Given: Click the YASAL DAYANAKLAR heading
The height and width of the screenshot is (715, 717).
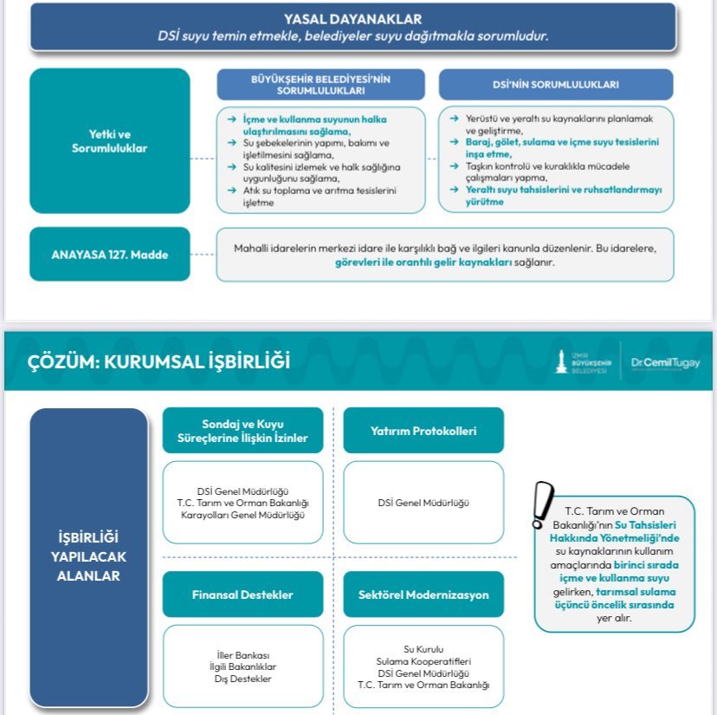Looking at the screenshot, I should (352, 18).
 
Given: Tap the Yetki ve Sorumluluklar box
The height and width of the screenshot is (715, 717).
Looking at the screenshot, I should (109, 140).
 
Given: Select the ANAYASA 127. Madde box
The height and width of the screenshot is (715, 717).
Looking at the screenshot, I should (109, 254).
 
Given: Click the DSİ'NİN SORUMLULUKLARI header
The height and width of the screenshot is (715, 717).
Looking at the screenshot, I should (555, 85).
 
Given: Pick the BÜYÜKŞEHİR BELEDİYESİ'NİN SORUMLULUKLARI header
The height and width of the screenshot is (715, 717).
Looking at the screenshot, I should (321, 84).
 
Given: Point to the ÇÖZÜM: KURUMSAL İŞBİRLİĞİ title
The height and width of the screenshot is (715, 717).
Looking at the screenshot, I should (148, 362).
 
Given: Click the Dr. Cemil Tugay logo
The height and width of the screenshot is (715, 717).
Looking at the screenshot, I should (665, 363).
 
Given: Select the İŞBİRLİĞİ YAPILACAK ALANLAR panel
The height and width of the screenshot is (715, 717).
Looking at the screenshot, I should (88, 557).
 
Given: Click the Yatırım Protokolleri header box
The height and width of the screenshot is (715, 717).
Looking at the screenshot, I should (423, 431).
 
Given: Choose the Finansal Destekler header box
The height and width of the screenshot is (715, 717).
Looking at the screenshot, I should (242, 595).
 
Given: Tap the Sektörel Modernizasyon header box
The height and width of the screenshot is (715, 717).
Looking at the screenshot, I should (423, 595).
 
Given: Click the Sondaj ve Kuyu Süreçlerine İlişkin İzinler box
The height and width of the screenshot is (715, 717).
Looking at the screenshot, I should (242, 431).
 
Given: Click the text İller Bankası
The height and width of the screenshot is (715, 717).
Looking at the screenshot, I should (242, 654).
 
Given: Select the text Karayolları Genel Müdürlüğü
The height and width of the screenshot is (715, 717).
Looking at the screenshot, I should (242, 514).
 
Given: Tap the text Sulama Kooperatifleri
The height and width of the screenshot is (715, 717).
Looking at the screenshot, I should (423, 660).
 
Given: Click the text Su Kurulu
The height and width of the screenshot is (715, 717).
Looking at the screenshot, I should (423, 648).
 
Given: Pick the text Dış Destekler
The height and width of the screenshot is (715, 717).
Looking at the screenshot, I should (242, 679).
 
